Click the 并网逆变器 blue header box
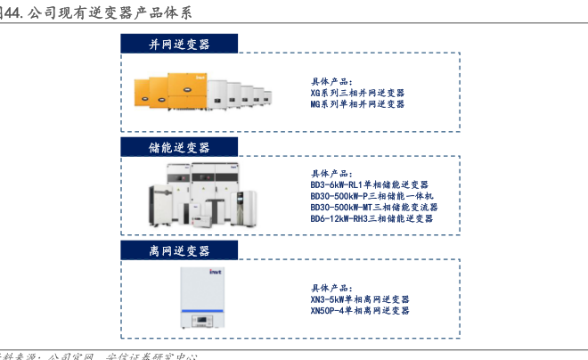pyautogui.click(x=179, y=44)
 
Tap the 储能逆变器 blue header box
pyautogui.click(x=179, y=147)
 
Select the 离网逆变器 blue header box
pyautogui.click(x=179, y=251)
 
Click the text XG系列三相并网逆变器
pyautogui.click(x=357, y=93)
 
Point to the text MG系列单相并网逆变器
pyautogui.click(x=357, y=104)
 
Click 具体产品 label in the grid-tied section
pyautogui.click(x=331, y=81)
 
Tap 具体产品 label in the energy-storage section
pyautogui.click(x=331, y=173)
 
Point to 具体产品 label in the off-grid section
pyautogui.click(x=331, y=289)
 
